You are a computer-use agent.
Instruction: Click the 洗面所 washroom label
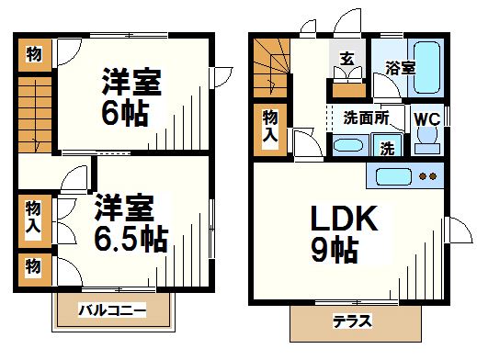coord(366,118)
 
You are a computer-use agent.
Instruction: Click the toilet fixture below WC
coord(426,140)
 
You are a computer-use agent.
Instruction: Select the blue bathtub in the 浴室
coord(428,67)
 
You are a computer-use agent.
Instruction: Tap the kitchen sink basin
coord(392,175)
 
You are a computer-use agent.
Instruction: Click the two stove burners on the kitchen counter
coord(426,175)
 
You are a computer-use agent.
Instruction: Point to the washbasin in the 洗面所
coord(347,144)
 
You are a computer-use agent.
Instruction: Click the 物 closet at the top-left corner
coord(33,54)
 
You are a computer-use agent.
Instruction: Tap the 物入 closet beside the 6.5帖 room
coord(34,218)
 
